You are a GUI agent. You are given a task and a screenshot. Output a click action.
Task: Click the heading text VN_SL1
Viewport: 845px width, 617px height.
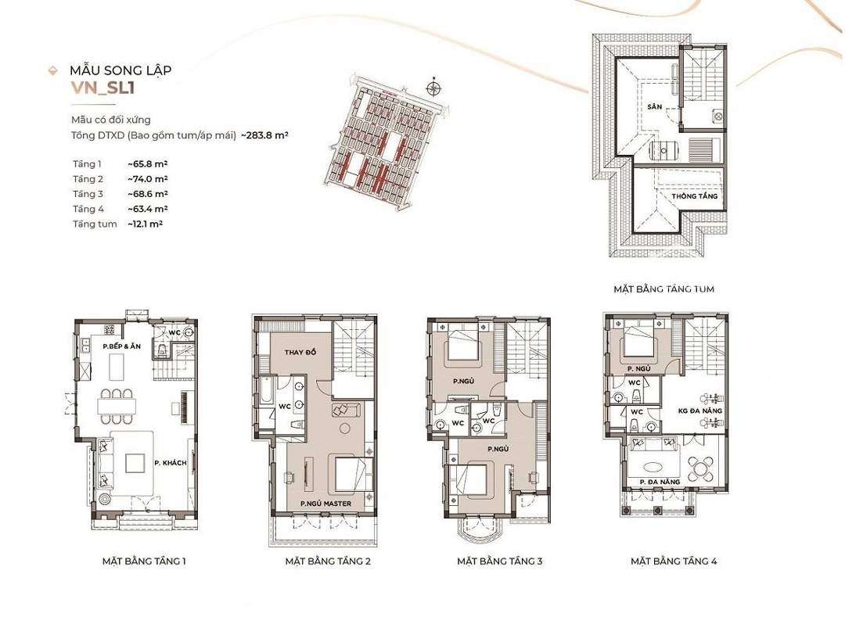[102, 88]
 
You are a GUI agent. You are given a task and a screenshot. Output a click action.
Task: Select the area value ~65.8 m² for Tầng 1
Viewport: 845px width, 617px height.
[148, 164]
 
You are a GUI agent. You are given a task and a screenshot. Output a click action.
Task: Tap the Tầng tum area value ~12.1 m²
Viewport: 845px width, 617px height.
[145, 224]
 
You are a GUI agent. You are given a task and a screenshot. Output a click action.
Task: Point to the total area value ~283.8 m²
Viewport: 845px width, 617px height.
[264, 135]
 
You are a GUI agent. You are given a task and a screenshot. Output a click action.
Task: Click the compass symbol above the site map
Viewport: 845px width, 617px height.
[433, 88]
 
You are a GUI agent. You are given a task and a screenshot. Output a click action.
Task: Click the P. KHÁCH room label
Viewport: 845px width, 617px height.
[171, 463]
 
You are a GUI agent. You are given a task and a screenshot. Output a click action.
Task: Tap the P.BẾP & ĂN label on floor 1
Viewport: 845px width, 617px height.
[122, 346]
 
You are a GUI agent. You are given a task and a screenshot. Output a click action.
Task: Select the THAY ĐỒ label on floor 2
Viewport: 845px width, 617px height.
[300, 352]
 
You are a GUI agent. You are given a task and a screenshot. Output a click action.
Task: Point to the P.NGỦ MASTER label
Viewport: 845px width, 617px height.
[325, 504]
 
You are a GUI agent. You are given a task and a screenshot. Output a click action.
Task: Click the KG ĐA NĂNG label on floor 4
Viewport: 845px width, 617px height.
[700, 411]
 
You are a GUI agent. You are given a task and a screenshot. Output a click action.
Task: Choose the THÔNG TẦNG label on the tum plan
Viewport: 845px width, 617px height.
[695, 196]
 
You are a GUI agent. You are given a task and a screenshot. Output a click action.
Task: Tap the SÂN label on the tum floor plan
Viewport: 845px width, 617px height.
[655, 106]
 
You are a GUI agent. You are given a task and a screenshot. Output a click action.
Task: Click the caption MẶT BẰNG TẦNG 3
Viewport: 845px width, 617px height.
[499, 561]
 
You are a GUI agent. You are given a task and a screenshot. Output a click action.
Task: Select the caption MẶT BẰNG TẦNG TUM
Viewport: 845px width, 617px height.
[664, 289]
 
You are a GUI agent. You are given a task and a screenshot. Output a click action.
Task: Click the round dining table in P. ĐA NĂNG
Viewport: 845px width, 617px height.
[700, 465]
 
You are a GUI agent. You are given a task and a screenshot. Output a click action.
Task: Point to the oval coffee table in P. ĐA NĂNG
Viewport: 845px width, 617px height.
[655, 466]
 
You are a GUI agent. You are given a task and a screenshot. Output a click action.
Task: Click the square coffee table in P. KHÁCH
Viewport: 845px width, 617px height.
[135, 463]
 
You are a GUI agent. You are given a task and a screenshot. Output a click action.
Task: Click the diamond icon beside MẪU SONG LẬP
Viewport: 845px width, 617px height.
[53, 70]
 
